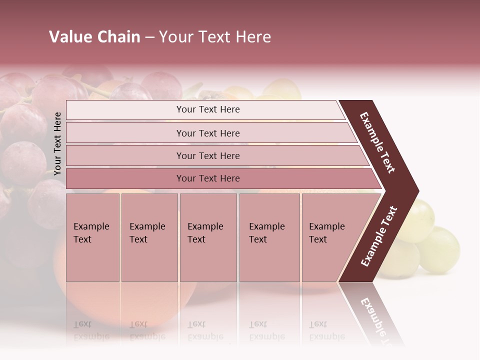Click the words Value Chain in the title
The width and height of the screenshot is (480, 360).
tap(94, 37)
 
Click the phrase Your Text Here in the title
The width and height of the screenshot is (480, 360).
tap(215, 37)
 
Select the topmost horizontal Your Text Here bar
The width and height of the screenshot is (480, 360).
tap(207, 109)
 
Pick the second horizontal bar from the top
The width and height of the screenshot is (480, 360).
tap(207, 133)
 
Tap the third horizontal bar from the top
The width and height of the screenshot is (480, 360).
tap(207, 155)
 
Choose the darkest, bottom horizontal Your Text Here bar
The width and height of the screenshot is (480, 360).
tap(207, 178)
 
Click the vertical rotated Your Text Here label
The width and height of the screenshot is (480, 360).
tap(57, 144)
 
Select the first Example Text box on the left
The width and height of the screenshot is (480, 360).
tap(92, 237)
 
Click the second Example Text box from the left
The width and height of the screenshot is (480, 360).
tap(149, 237)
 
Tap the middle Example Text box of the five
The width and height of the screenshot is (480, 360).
tap(208, 237)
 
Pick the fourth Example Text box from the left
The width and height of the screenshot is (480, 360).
tap(269, 237)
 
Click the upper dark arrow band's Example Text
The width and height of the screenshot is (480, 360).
tap(378, 142)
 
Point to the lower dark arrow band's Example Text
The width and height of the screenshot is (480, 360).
tap(378, 236)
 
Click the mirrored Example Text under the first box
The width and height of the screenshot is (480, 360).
tap(91, 330)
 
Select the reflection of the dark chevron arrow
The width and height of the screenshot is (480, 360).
tap(375, 315)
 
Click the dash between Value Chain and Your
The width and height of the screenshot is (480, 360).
tap(149, 37)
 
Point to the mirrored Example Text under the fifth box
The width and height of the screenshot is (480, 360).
tap(326, 330)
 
